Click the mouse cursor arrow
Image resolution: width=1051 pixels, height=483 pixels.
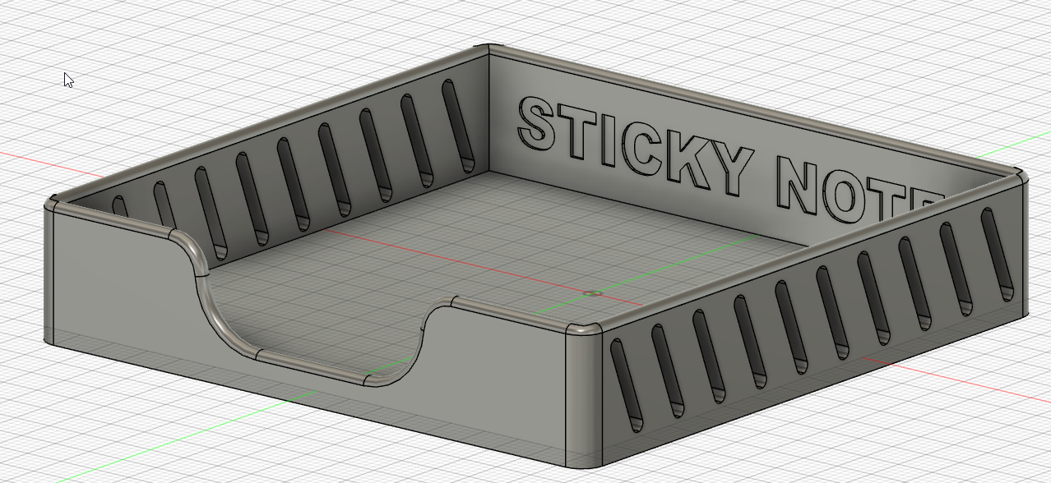tap(68, 80)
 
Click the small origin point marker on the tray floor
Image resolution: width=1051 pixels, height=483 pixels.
tap(592, 293)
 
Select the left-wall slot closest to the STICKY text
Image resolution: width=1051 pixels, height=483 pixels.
tap(458, 125)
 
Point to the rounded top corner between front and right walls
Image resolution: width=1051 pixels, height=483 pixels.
tap(585, 329)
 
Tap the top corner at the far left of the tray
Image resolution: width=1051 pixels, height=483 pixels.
tap(51, 202)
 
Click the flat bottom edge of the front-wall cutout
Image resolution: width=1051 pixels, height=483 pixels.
tap(313, 368)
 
